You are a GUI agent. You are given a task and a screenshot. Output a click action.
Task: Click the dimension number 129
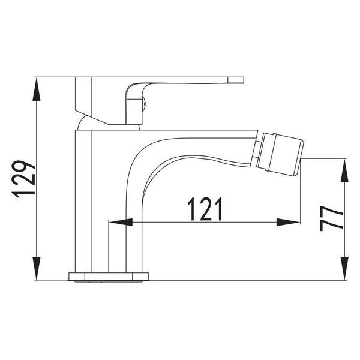[23, 179]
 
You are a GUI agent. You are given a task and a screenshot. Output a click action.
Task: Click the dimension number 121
[205, 209]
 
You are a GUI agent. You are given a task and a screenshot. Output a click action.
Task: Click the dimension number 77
[331, 218]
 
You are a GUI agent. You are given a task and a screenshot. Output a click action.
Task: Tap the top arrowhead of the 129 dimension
[37, 89]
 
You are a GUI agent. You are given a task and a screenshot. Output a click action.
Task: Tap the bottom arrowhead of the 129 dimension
[37, 269]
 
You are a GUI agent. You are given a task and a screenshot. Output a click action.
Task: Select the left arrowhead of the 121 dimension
[121, 222]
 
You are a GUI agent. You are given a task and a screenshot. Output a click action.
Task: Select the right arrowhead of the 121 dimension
[288, 222]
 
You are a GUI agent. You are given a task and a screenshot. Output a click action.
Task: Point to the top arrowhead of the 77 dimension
[344, 170]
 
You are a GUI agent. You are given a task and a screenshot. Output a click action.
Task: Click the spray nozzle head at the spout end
[281, 153]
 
